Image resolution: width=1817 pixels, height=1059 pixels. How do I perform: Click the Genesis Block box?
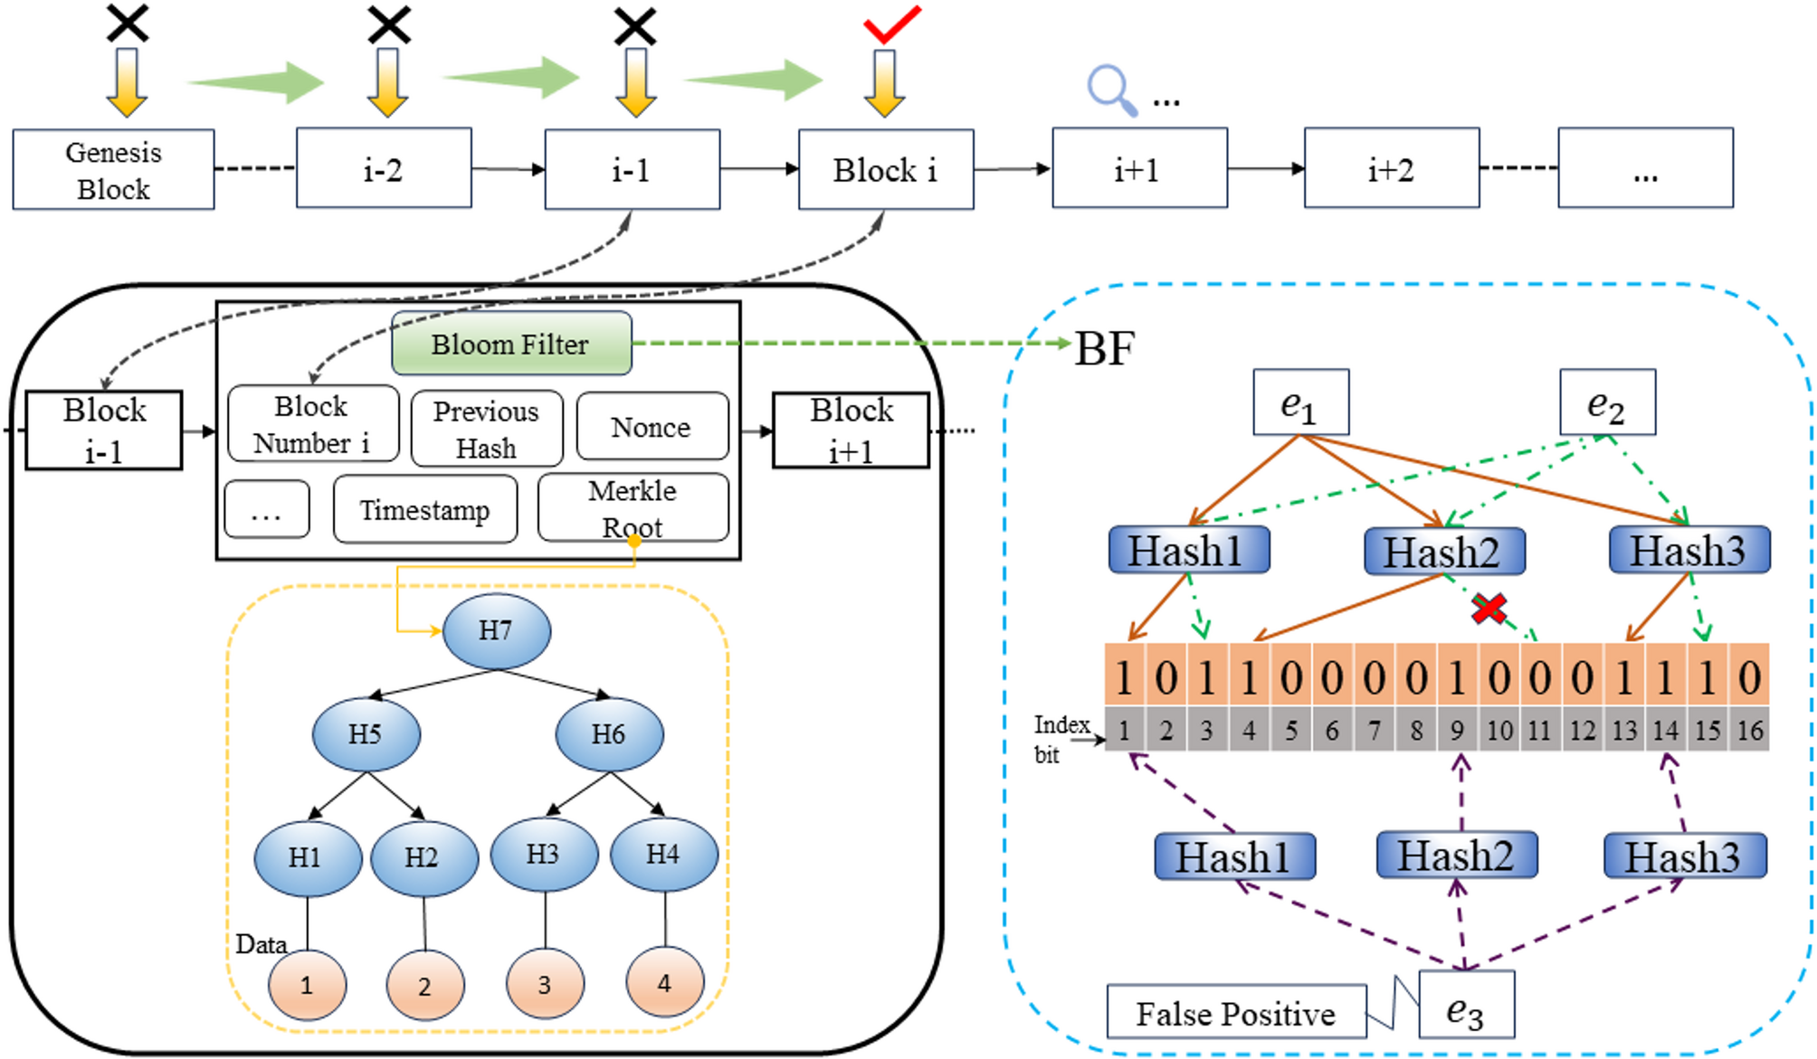tap(113, 170)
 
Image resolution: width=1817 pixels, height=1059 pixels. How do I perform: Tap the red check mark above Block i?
tap(891, 24)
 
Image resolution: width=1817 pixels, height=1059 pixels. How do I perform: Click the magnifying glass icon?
tap(1110, 89)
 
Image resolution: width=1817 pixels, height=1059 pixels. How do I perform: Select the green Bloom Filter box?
tap(511, 344)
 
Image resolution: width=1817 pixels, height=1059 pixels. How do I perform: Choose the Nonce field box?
tap(652, 427)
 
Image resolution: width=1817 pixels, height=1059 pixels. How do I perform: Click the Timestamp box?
tap(424, 510)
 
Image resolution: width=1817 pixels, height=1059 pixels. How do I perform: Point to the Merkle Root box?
tap(633, 508)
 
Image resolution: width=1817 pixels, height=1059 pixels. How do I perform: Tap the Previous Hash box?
tap(486, 429)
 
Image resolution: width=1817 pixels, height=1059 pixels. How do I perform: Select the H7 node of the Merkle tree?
tap(496, 630)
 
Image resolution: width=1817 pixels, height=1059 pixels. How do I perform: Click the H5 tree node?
tap(366, 733)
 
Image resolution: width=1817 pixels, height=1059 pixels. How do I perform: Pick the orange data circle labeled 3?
tap(544, 984)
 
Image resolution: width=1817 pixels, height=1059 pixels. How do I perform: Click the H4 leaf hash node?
tap(663, 854)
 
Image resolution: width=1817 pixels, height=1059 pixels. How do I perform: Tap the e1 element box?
tap(1300, 402)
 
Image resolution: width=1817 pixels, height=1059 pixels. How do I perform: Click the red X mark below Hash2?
tap(1489, 609)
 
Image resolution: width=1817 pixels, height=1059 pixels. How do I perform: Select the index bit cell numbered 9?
tap(1457, 730)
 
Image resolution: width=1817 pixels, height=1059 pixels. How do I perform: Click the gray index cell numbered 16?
tap(1749, 730)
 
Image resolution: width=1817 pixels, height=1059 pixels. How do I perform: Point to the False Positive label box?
tap(1236, 1012)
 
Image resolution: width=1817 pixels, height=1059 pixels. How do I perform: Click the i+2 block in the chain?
tap(1391, 169)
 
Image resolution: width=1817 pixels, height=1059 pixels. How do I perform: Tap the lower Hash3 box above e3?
tap(1684, 856)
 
